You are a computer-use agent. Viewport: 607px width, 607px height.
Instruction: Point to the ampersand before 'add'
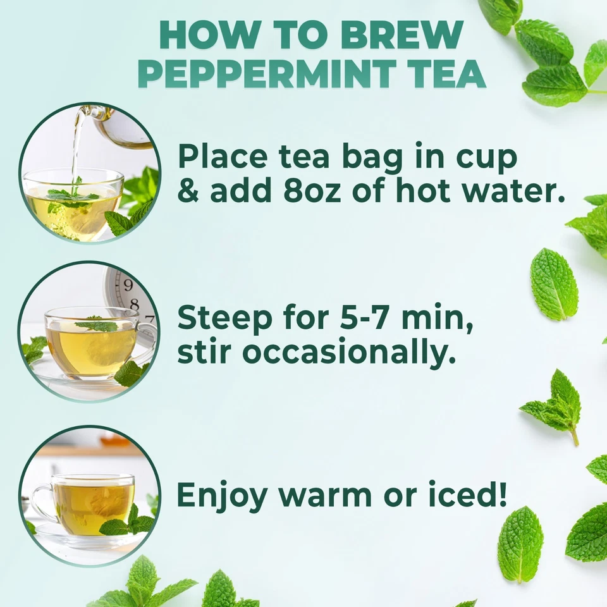coord(188,190)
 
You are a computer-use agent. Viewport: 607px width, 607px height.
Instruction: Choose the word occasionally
coord(348,352)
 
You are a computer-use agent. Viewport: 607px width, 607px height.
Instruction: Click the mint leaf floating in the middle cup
coord(96,326)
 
